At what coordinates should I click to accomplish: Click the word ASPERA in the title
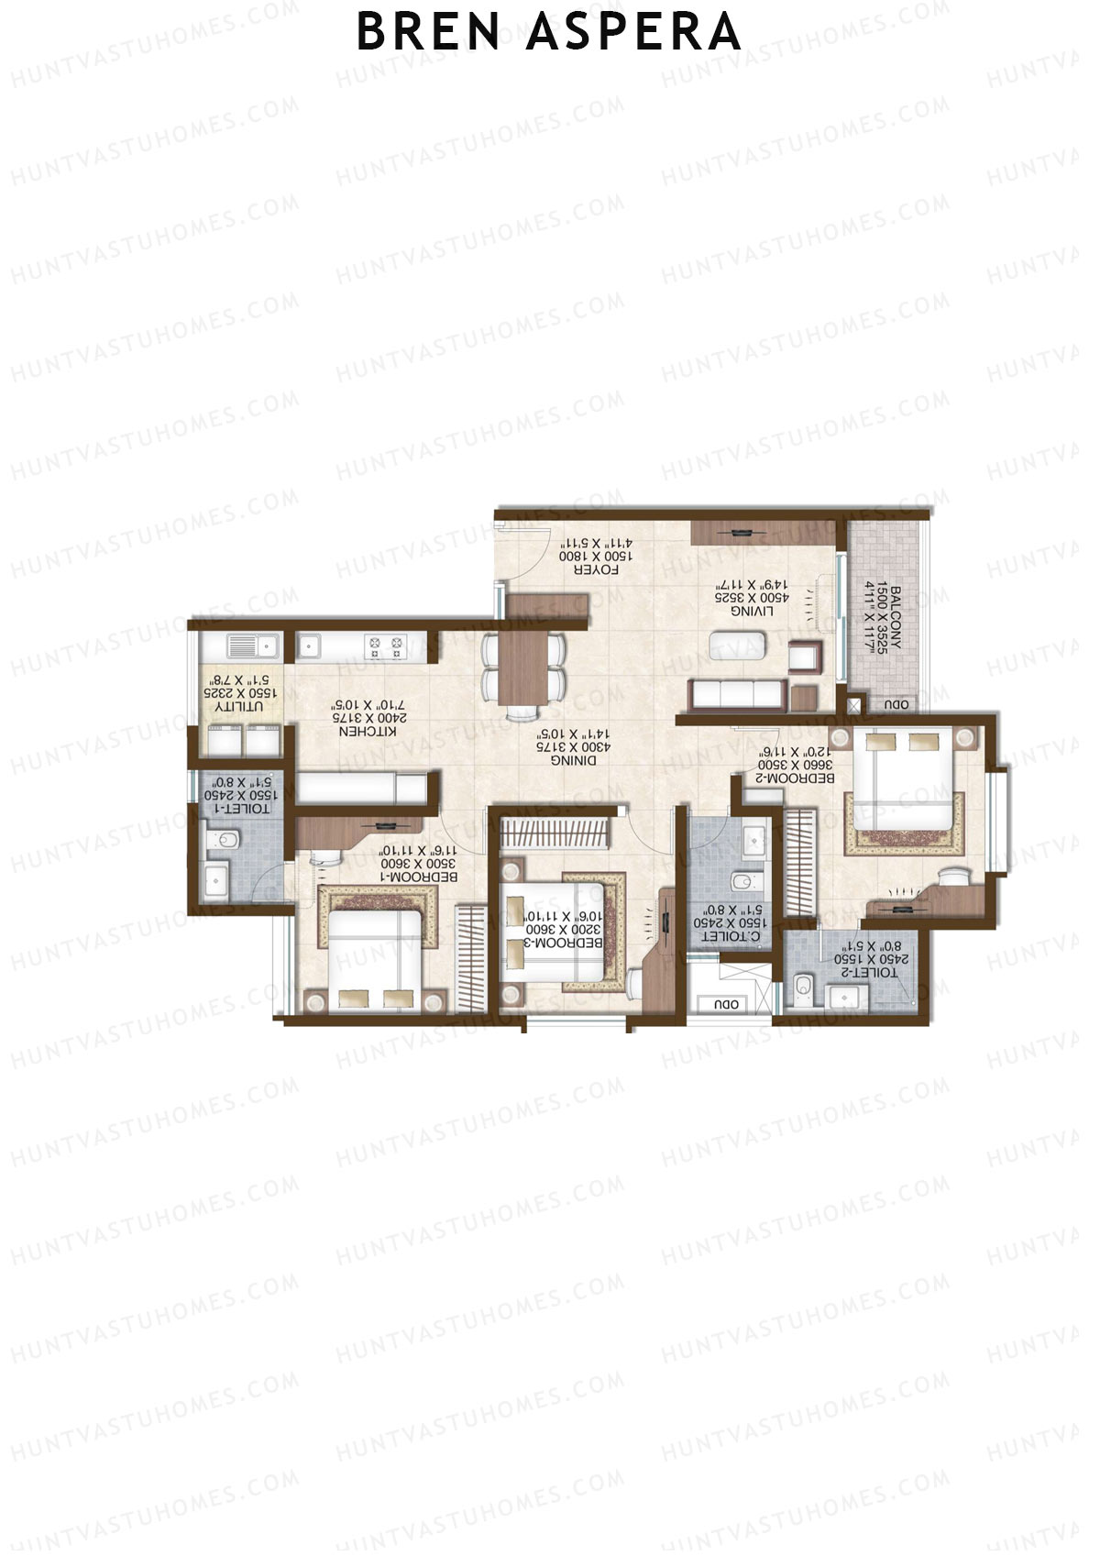[634, 33]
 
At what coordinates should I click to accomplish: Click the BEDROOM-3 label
[563, 942]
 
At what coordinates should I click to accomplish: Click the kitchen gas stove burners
[386, 646]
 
